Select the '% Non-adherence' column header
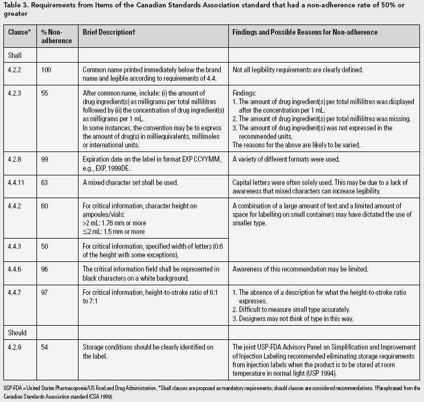[57, 36]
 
